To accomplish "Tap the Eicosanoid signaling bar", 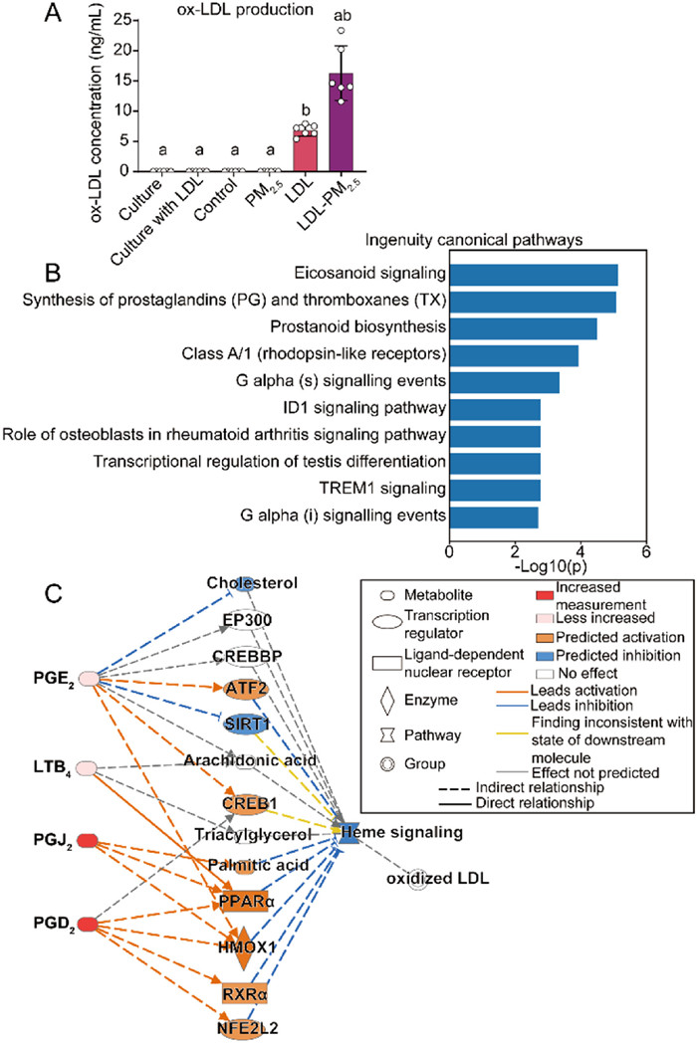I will (x=534, y=275).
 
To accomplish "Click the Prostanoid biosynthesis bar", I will (x=523, y=328).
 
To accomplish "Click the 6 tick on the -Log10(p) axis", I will (x=646, y=550).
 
